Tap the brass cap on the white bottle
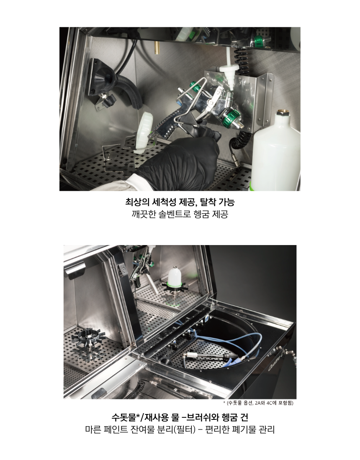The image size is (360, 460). coord(283,113)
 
